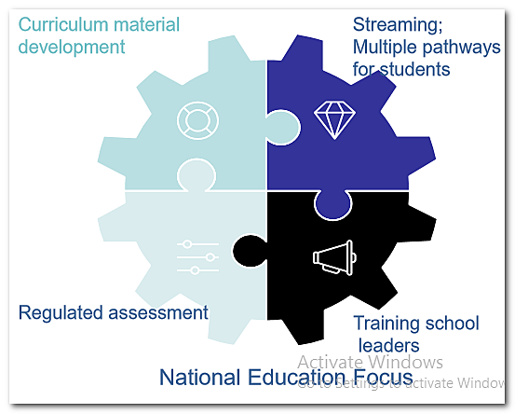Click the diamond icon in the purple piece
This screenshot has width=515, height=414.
[x=333, y=120]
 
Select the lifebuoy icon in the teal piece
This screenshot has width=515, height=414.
[x=197, y=120]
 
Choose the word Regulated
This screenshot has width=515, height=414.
[x=61, y=313]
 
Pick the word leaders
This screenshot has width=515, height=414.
[x=391, y=346]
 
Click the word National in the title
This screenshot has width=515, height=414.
[x=197, y=378]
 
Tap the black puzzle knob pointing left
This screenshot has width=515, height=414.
[x=247, y=248]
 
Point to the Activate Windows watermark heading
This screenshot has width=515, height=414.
[x=371, y=362]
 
